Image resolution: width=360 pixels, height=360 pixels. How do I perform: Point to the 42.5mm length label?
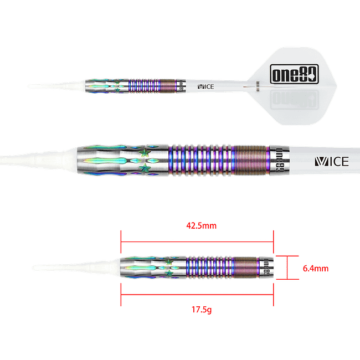pyautogui.click(x=197, y=226)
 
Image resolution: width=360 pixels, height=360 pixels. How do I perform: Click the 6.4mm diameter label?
pyautogui.click(x=316, y=269)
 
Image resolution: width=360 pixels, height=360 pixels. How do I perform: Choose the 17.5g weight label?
pyautogui.click(x=197, y=310)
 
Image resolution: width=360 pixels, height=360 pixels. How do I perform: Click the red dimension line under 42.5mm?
pyautogui.click(x=197, y=241)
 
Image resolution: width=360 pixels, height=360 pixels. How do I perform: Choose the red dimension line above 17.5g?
pyautogui.click(x=197, y=294)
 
